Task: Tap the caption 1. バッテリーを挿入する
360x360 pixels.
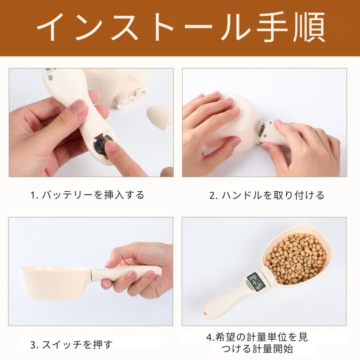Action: point(87,195)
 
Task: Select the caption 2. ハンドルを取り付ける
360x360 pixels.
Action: point(267,195)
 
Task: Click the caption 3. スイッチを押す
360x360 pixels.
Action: point(72,345)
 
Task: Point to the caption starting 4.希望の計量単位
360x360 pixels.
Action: point(257,343)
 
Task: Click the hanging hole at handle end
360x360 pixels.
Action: point(205,313)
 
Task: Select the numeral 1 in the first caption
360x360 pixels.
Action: point(32,195)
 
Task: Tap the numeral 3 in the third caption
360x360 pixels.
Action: point(32,345)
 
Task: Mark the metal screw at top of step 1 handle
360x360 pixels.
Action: point(50,77)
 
